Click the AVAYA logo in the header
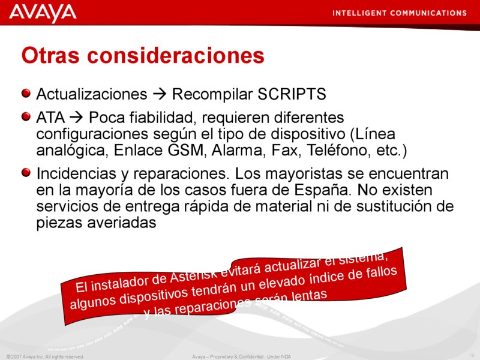[x=43, y=13]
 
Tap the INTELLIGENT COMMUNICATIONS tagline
[x=399, y=13]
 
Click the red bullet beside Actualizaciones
[x=25, y=94]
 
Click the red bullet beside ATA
[x=25, y=114]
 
